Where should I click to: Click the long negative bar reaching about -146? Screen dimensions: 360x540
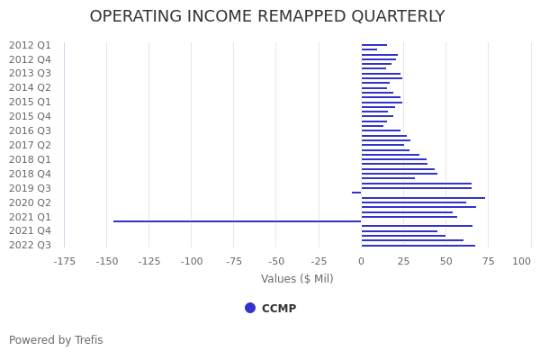pos(237,221)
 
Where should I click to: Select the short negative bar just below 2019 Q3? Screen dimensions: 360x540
pos(356,193)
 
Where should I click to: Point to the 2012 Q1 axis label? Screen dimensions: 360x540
pos(30,45)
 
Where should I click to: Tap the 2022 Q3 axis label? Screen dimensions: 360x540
pos(30,245)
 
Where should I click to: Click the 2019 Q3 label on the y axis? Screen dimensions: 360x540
pos(30,188)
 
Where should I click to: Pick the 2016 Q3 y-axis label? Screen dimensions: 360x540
pos(30,130)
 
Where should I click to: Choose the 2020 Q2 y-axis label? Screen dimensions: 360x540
pos(30,202)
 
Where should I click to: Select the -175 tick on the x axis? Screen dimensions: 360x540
pos(64,261)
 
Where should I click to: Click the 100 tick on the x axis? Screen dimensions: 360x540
pos(522,261)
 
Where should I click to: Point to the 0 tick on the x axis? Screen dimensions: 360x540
pos(361,261)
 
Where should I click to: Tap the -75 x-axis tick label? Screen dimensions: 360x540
pos(234,261)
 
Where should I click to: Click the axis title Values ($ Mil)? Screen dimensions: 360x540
pos(297,279)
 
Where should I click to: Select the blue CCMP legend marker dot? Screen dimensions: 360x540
pos(250,308)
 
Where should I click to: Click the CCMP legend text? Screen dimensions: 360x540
pos(279,309)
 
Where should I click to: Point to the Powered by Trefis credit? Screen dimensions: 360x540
pos(56,340)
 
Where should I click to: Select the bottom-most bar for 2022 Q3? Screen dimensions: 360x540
pos(418,245)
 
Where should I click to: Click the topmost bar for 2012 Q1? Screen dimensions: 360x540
pos(374,45)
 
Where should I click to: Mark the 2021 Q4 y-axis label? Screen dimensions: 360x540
pos(30,230)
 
